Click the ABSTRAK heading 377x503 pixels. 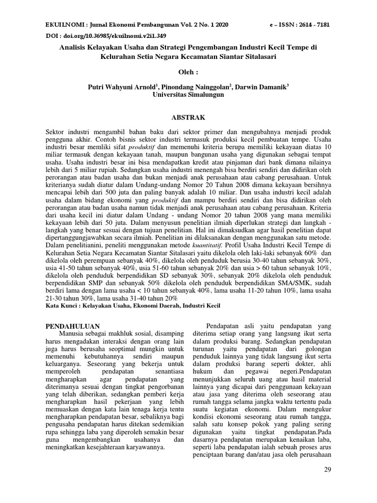pos(188,118)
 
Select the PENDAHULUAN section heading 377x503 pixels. pos(73,326)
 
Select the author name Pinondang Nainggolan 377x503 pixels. pos(191,87)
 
